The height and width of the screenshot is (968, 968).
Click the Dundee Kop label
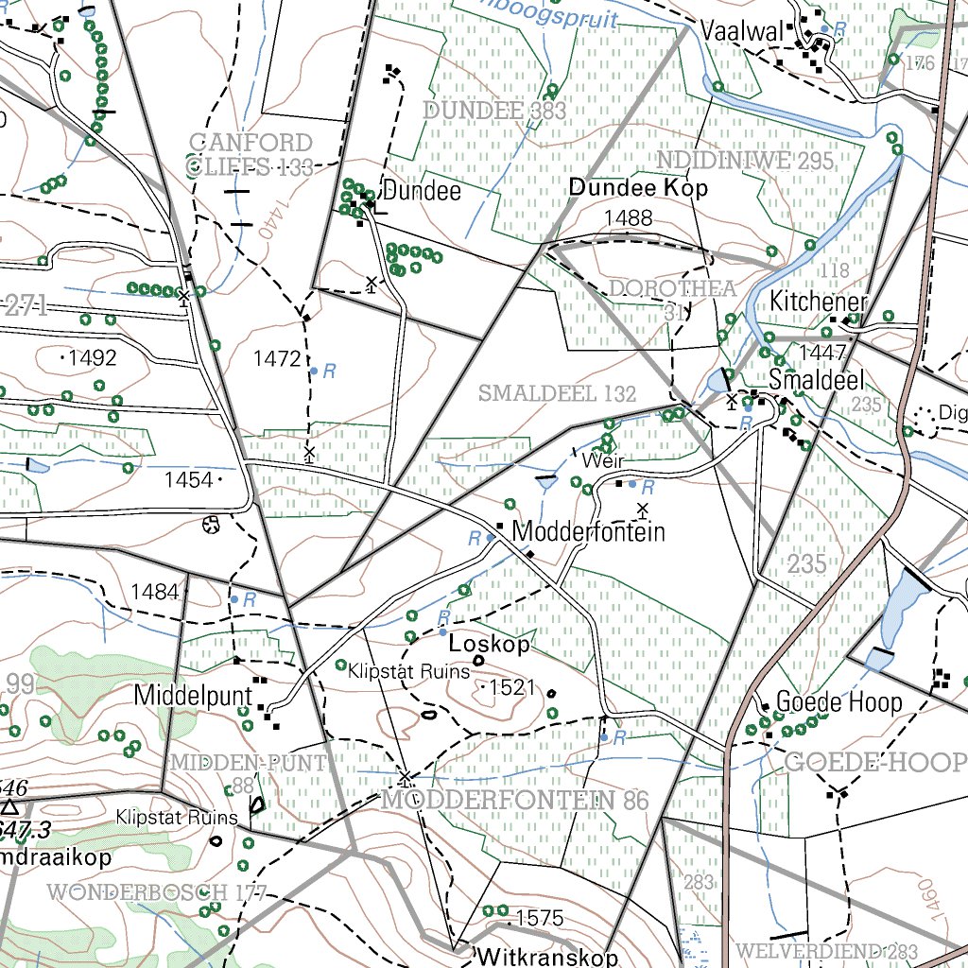click(x=638, y=188)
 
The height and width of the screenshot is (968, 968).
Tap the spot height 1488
click(x=629, y=218)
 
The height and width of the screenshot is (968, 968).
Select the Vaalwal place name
click(x=742, y=32)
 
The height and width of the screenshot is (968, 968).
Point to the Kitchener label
click(x=818, y=302)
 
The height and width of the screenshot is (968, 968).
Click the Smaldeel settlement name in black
click(x=817, y=381)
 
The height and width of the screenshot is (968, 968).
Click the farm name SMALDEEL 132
click(x=558, y=393)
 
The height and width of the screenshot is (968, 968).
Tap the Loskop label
click(x=489, y=645)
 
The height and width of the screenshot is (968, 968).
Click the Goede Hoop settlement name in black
click(x=838, y=702)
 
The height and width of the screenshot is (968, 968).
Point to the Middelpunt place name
click(x=193, y=696)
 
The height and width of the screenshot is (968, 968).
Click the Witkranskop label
click(x=548, y=956)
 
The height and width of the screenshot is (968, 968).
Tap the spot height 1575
click(x=540, y=918)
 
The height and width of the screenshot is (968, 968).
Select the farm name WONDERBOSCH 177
click(x=156, y=891)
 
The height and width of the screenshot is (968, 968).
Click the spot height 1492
click(x=92, y=358)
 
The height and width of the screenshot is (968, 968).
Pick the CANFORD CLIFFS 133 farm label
click(x=251, y=155)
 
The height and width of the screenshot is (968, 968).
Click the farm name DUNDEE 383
click(x=494, y=111)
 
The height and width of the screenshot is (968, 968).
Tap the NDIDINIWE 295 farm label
click(x=746, y=160)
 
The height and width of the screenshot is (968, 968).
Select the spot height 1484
click(x=155, y=593)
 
